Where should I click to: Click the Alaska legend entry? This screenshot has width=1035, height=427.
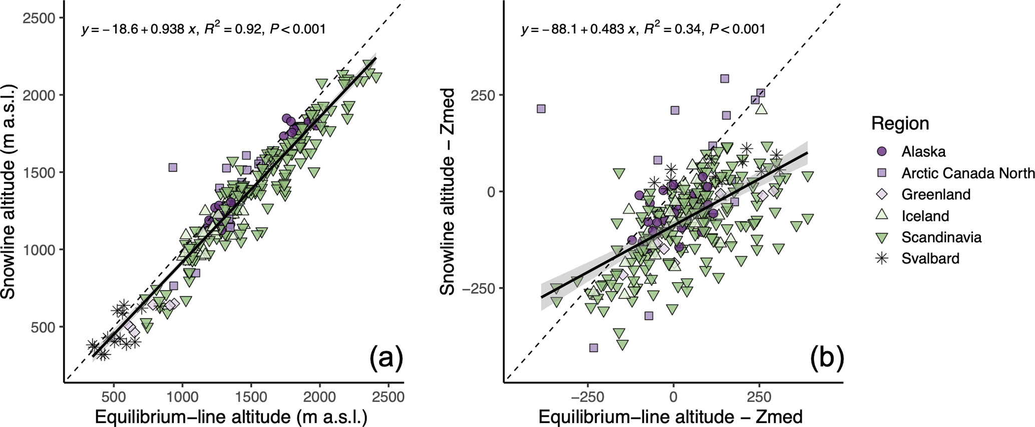[x=923, y=151]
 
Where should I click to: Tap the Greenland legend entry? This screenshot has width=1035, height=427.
[x=935, y=194]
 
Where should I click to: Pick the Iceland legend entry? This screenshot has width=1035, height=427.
[x=925, y=216]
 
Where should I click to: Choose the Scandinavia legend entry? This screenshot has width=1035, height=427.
[x=941, y=237]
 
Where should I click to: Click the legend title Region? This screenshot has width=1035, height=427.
[x=900, y=124]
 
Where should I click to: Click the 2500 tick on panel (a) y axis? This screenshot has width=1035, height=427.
[x=41, y=18]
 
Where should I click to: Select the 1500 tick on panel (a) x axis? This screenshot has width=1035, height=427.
[x=251, y=396]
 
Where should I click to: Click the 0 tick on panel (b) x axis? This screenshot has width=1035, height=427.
[x=673, y=396]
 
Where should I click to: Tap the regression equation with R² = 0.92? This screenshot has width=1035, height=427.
[x=203, y=29]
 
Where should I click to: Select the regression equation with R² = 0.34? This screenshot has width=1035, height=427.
[x=643, y=29]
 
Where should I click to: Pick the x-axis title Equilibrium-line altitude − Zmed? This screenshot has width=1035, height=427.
[x=670, y=416]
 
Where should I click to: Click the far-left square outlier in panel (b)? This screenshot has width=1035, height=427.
[x=541, y=109]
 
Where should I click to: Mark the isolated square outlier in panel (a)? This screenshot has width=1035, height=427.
[x=173, y=167]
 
